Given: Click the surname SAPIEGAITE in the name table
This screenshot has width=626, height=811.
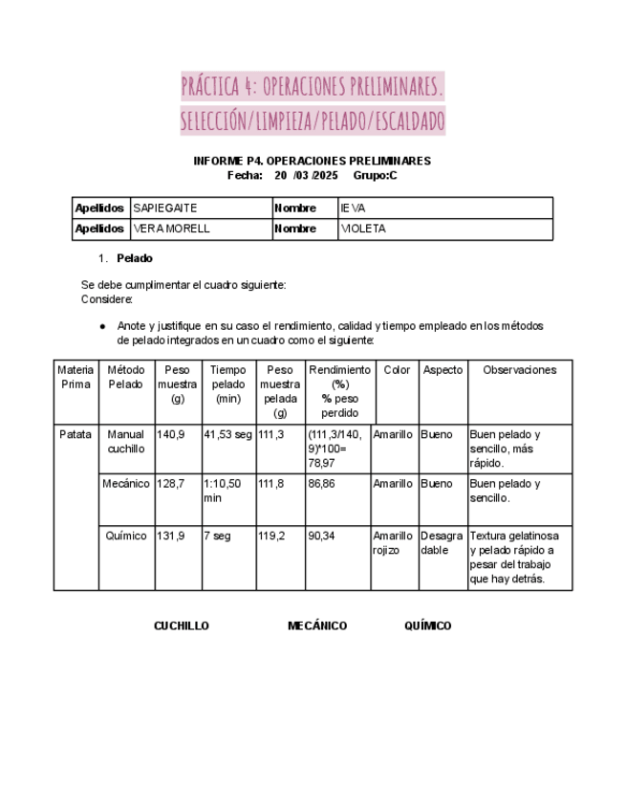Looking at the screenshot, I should click(165, 208).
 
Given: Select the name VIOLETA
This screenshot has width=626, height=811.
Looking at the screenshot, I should click(363, 230).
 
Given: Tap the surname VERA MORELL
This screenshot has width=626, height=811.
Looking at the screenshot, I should click(171, 230).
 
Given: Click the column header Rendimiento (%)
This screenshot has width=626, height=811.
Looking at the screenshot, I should click(339, 377).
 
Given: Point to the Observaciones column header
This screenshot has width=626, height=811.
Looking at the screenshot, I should click(519, 370).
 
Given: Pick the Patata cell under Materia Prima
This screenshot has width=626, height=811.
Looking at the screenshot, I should click(76, 434).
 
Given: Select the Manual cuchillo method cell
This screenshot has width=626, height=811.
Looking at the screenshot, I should click(126, 441).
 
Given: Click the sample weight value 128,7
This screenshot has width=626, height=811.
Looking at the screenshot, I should click(170, 484).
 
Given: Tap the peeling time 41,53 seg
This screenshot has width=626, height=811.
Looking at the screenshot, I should click(227, 434).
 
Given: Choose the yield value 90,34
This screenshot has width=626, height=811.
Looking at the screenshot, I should click(321, 537).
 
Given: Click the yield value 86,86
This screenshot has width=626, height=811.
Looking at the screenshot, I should click(321, 484).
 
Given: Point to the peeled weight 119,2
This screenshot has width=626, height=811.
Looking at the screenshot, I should click(271, 537).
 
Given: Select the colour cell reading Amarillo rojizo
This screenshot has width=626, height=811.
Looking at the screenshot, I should click(393, 543).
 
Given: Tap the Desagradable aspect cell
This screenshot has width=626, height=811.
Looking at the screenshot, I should click(442, 543).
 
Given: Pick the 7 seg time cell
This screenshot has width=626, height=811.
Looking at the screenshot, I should click(217, 537).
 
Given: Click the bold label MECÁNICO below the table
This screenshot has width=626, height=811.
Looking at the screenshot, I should click(317, 626).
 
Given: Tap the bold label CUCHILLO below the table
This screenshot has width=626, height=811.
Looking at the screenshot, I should click(182, 626).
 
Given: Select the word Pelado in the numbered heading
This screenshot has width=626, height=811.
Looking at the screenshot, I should click(135, 258).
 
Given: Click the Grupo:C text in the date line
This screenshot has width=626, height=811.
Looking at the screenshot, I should click(375, 175).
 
